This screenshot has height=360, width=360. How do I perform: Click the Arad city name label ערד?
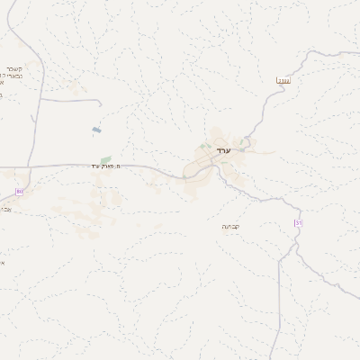[224, 150]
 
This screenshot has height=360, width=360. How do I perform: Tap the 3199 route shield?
[283, 81]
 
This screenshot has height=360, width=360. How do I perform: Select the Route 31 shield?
[298, 222]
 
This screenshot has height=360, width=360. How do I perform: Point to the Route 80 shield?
[20, 192]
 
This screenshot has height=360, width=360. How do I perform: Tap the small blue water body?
[96, 130]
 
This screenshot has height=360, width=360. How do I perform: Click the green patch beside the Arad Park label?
[105, 159]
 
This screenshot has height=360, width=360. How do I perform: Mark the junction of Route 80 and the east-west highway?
[30, 167]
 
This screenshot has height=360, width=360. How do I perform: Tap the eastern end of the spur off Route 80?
[96, 100]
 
